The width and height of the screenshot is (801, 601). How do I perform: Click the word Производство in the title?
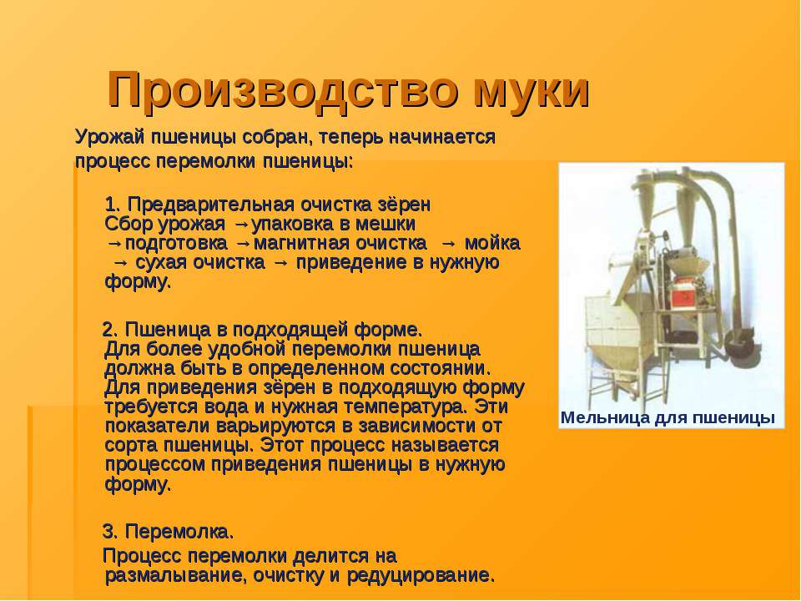pyautogui.click(x=283, y=90)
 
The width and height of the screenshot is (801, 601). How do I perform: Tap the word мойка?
pyautogui.click(x=492, y=243)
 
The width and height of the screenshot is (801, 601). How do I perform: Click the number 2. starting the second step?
pyautogui.click(x=110, y=330)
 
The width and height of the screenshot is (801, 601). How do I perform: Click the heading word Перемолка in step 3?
pyautogui.click(x=179, y=532)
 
